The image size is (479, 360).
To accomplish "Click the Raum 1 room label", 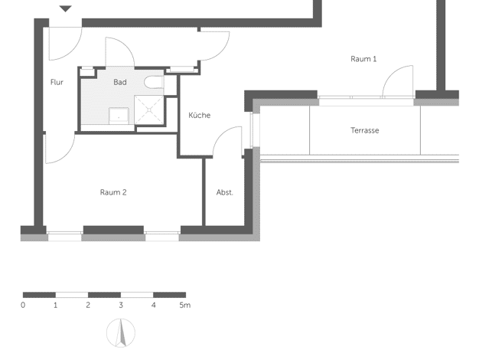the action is [363, 59].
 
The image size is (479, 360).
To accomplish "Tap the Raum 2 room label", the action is [113, 192].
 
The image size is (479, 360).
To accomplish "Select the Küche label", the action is [199, 116].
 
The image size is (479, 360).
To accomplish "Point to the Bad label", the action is [119, 82].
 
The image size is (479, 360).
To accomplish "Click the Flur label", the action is [57, 82].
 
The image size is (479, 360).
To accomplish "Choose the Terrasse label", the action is [365, 131].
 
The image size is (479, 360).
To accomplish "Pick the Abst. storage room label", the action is [224, 192].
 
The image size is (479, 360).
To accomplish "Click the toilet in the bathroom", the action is [154, 82].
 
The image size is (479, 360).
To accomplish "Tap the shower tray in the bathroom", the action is [149, 110].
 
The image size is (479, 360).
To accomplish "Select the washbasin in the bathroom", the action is [119, 116].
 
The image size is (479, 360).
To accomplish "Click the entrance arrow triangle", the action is [65, 8].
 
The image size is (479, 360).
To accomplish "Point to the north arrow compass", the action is [121, 333].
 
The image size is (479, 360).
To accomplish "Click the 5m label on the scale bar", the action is [185, 306].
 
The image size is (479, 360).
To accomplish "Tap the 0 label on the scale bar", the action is [23, 306].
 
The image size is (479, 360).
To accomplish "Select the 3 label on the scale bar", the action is [121, 306].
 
